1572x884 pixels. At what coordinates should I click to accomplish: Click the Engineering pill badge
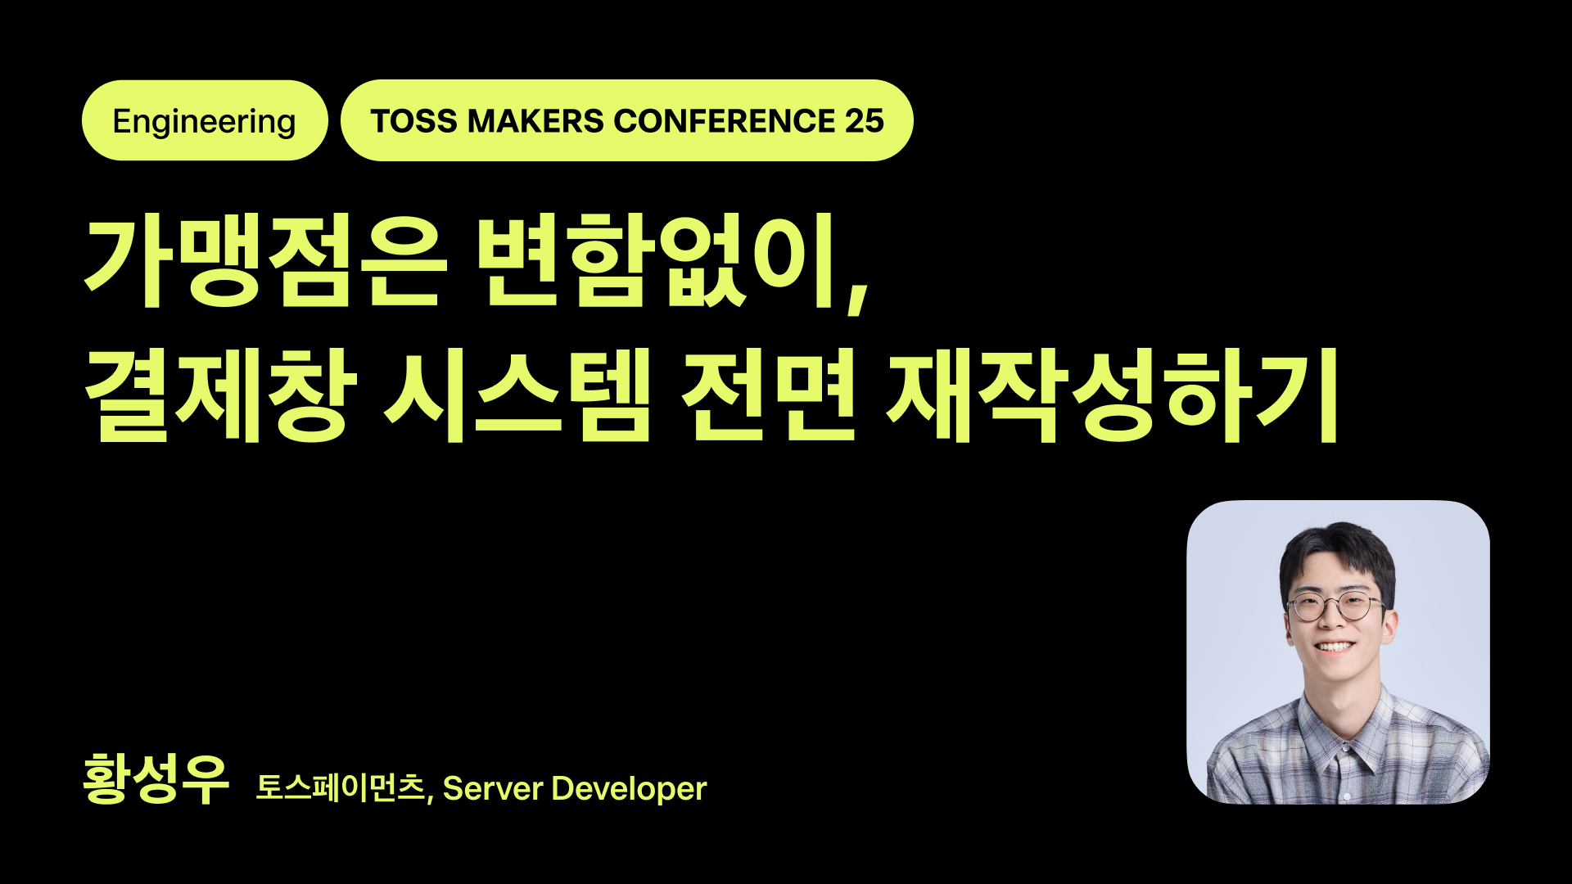pyautogui.click(x=205, y=121)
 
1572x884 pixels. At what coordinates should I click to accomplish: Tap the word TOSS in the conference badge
pyautogui.click(x=413, y=121)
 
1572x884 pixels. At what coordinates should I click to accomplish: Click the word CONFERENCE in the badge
pyautogui.click(x=724, y=121)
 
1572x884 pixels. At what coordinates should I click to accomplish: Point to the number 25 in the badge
pyautogui.click(x=865, y=121)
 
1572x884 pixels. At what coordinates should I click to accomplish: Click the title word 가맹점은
pyautogui.click(x=266, y=260)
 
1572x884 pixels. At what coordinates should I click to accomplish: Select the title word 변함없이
pyautogui.click(x=655, y=260)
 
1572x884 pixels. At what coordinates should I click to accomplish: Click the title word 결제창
pyautogui.click(x=221, y=396)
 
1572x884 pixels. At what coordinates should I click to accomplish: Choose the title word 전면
pyautogui.click(x=768, y=396)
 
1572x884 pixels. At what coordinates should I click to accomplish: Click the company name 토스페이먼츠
pyautogui.click(x=341, y=788)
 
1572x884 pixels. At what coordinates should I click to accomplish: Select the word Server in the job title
pyautogui.click(x=493, y=789)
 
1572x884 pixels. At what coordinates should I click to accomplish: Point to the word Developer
pyautogui.click(x=629, y=789)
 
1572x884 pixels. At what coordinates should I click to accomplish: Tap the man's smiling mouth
pyautogui.click(x=1335, y=647)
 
